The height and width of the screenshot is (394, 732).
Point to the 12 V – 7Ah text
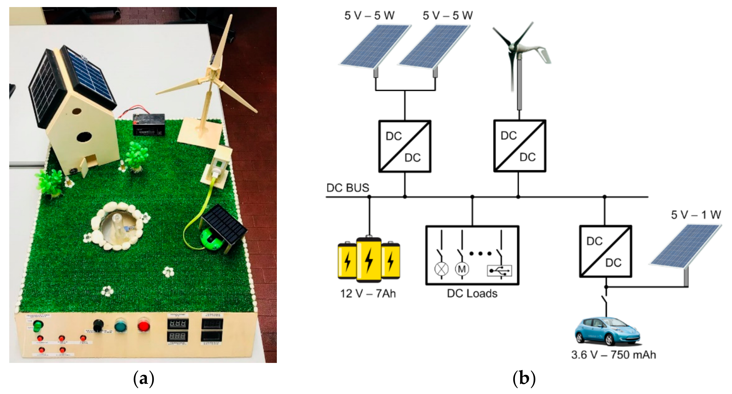click(x=368, y=293)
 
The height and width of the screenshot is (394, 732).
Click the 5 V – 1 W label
click(x=696, y=215)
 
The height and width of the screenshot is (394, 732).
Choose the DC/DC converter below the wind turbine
click(x=519, y=146)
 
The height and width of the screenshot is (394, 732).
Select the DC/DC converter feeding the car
click(x=605, y=251)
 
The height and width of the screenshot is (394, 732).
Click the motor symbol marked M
click(x=462, y=269)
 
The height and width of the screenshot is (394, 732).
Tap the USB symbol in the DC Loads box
click(x=499, y=271)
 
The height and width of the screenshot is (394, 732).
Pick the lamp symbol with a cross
click(x=441, y=269)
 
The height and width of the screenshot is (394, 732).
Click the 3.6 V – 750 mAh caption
click(x=613, y=355)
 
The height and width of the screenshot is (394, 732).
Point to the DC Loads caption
click(x=472, y=293)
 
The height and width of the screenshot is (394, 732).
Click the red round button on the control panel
click(x=144, y=326)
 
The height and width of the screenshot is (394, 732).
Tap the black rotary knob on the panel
click(x=98, y=325)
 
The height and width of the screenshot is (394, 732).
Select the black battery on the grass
click(x=149, y=124)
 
